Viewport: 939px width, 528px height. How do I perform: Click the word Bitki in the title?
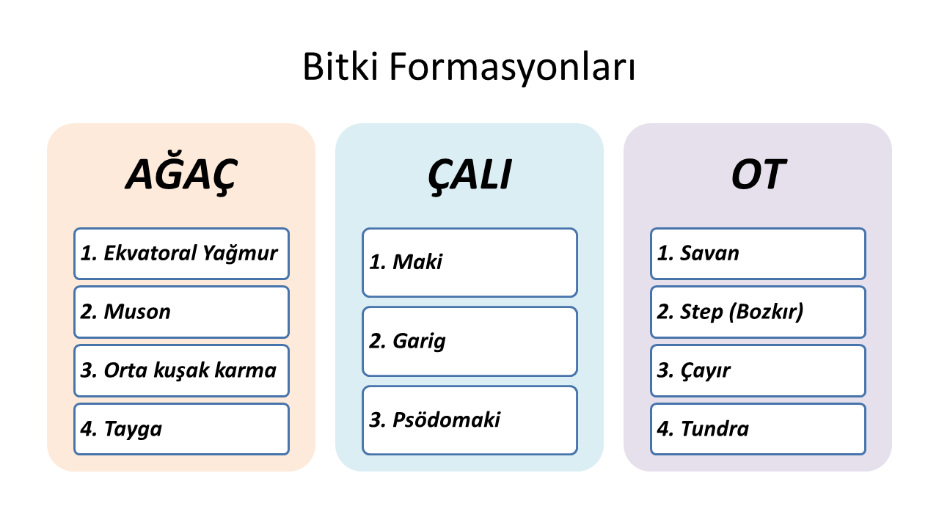pyautogui.click(x=341, y=67)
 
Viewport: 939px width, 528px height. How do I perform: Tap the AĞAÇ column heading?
pyautogui.click(x=181, y=175)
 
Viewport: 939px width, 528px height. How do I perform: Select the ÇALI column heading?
pyautogui.click(x=469, y=176)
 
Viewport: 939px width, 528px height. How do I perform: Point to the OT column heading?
pyautogui.click(x=758, y=175)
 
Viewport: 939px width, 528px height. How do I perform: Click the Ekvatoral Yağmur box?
pyautogui.click(x=181, y=254)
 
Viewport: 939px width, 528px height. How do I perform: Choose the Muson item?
pyautogui.click(x=181, y=312)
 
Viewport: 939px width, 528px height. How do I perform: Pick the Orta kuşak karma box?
pyautogui.click(x=181, y=371)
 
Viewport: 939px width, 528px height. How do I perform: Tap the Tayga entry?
pyautogui.click(x=181, y=429)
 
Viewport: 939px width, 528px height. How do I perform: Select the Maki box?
pyautogui.click(x=470, y=263)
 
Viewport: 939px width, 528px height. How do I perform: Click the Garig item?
pyautogui.click(x=470, y=342)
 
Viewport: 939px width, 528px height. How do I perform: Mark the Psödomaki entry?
pyautogui.click(x=470, y=420)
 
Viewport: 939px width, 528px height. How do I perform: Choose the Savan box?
pyautogui.click(x=758, y=254)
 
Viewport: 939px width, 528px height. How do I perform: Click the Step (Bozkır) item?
pyautogui.click(x=758, y=312)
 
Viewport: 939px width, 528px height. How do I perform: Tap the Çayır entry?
pyautogui.click(x=758, y=371)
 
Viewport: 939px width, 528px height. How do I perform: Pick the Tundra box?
pyautogui.click(x=758, y=429)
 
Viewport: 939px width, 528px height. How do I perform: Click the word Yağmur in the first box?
pyautogui.click(x=240, y=254)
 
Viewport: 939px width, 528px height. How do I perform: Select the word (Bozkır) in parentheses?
pyautogui.click(x=767, y=312)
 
